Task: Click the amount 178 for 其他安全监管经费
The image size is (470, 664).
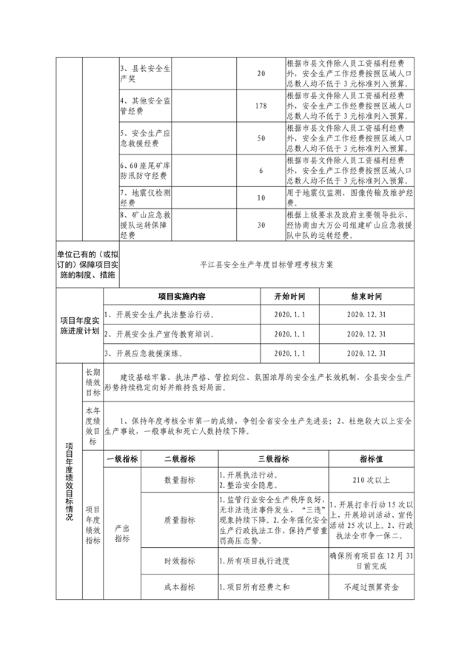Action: [260, 106]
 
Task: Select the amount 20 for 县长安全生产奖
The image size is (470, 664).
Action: [260, 74]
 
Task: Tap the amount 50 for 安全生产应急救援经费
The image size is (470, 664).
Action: [260, 138]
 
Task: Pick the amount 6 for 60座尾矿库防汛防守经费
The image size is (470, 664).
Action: [260, 170]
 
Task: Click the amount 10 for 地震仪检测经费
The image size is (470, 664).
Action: [260, 197]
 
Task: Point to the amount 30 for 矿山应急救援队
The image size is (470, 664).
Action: [260, 226]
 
